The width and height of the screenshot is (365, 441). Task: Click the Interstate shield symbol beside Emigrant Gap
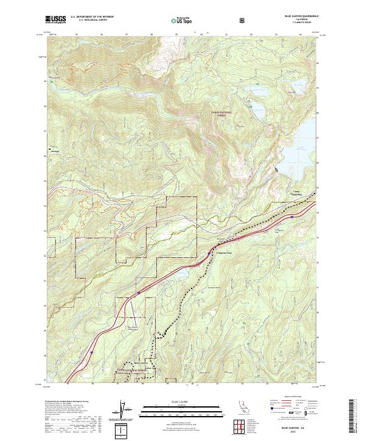pos(210,253)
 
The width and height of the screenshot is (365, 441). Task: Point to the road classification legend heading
pos(292,400)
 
